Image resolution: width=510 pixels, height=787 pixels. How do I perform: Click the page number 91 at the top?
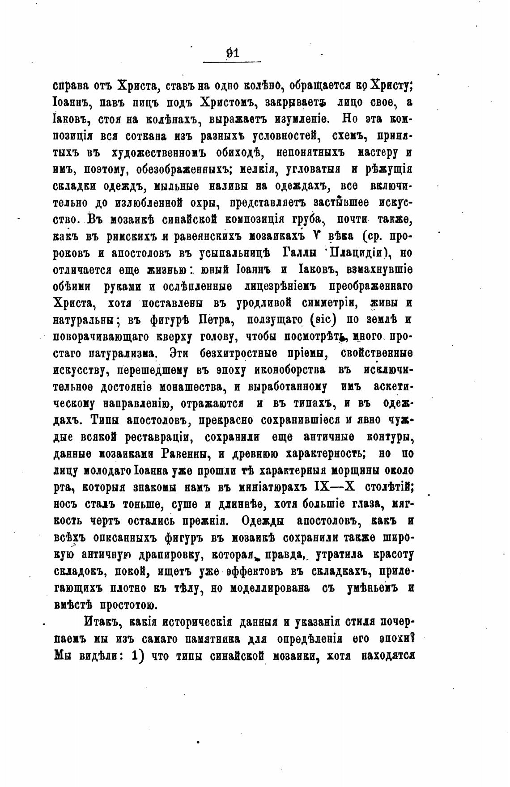tap(232, 53)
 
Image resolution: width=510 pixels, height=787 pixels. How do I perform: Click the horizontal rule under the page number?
tap(232, 62)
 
